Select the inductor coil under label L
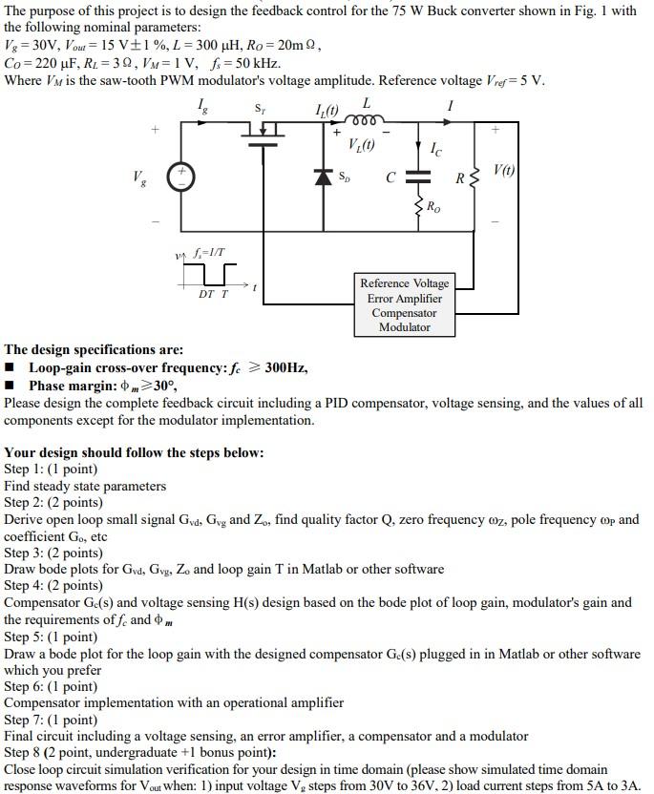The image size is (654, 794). coord(366,120)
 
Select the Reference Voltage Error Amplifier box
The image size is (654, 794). coord(404,304)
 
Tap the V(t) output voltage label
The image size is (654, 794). coord(505,169)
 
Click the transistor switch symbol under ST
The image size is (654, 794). coord(263,131)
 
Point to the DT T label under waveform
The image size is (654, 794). coord(213,294)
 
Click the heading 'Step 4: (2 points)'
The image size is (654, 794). coord(53,586)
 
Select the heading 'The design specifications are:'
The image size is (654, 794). coord(94,350)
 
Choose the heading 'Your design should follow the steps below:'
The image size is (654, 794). coord(134,452)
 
